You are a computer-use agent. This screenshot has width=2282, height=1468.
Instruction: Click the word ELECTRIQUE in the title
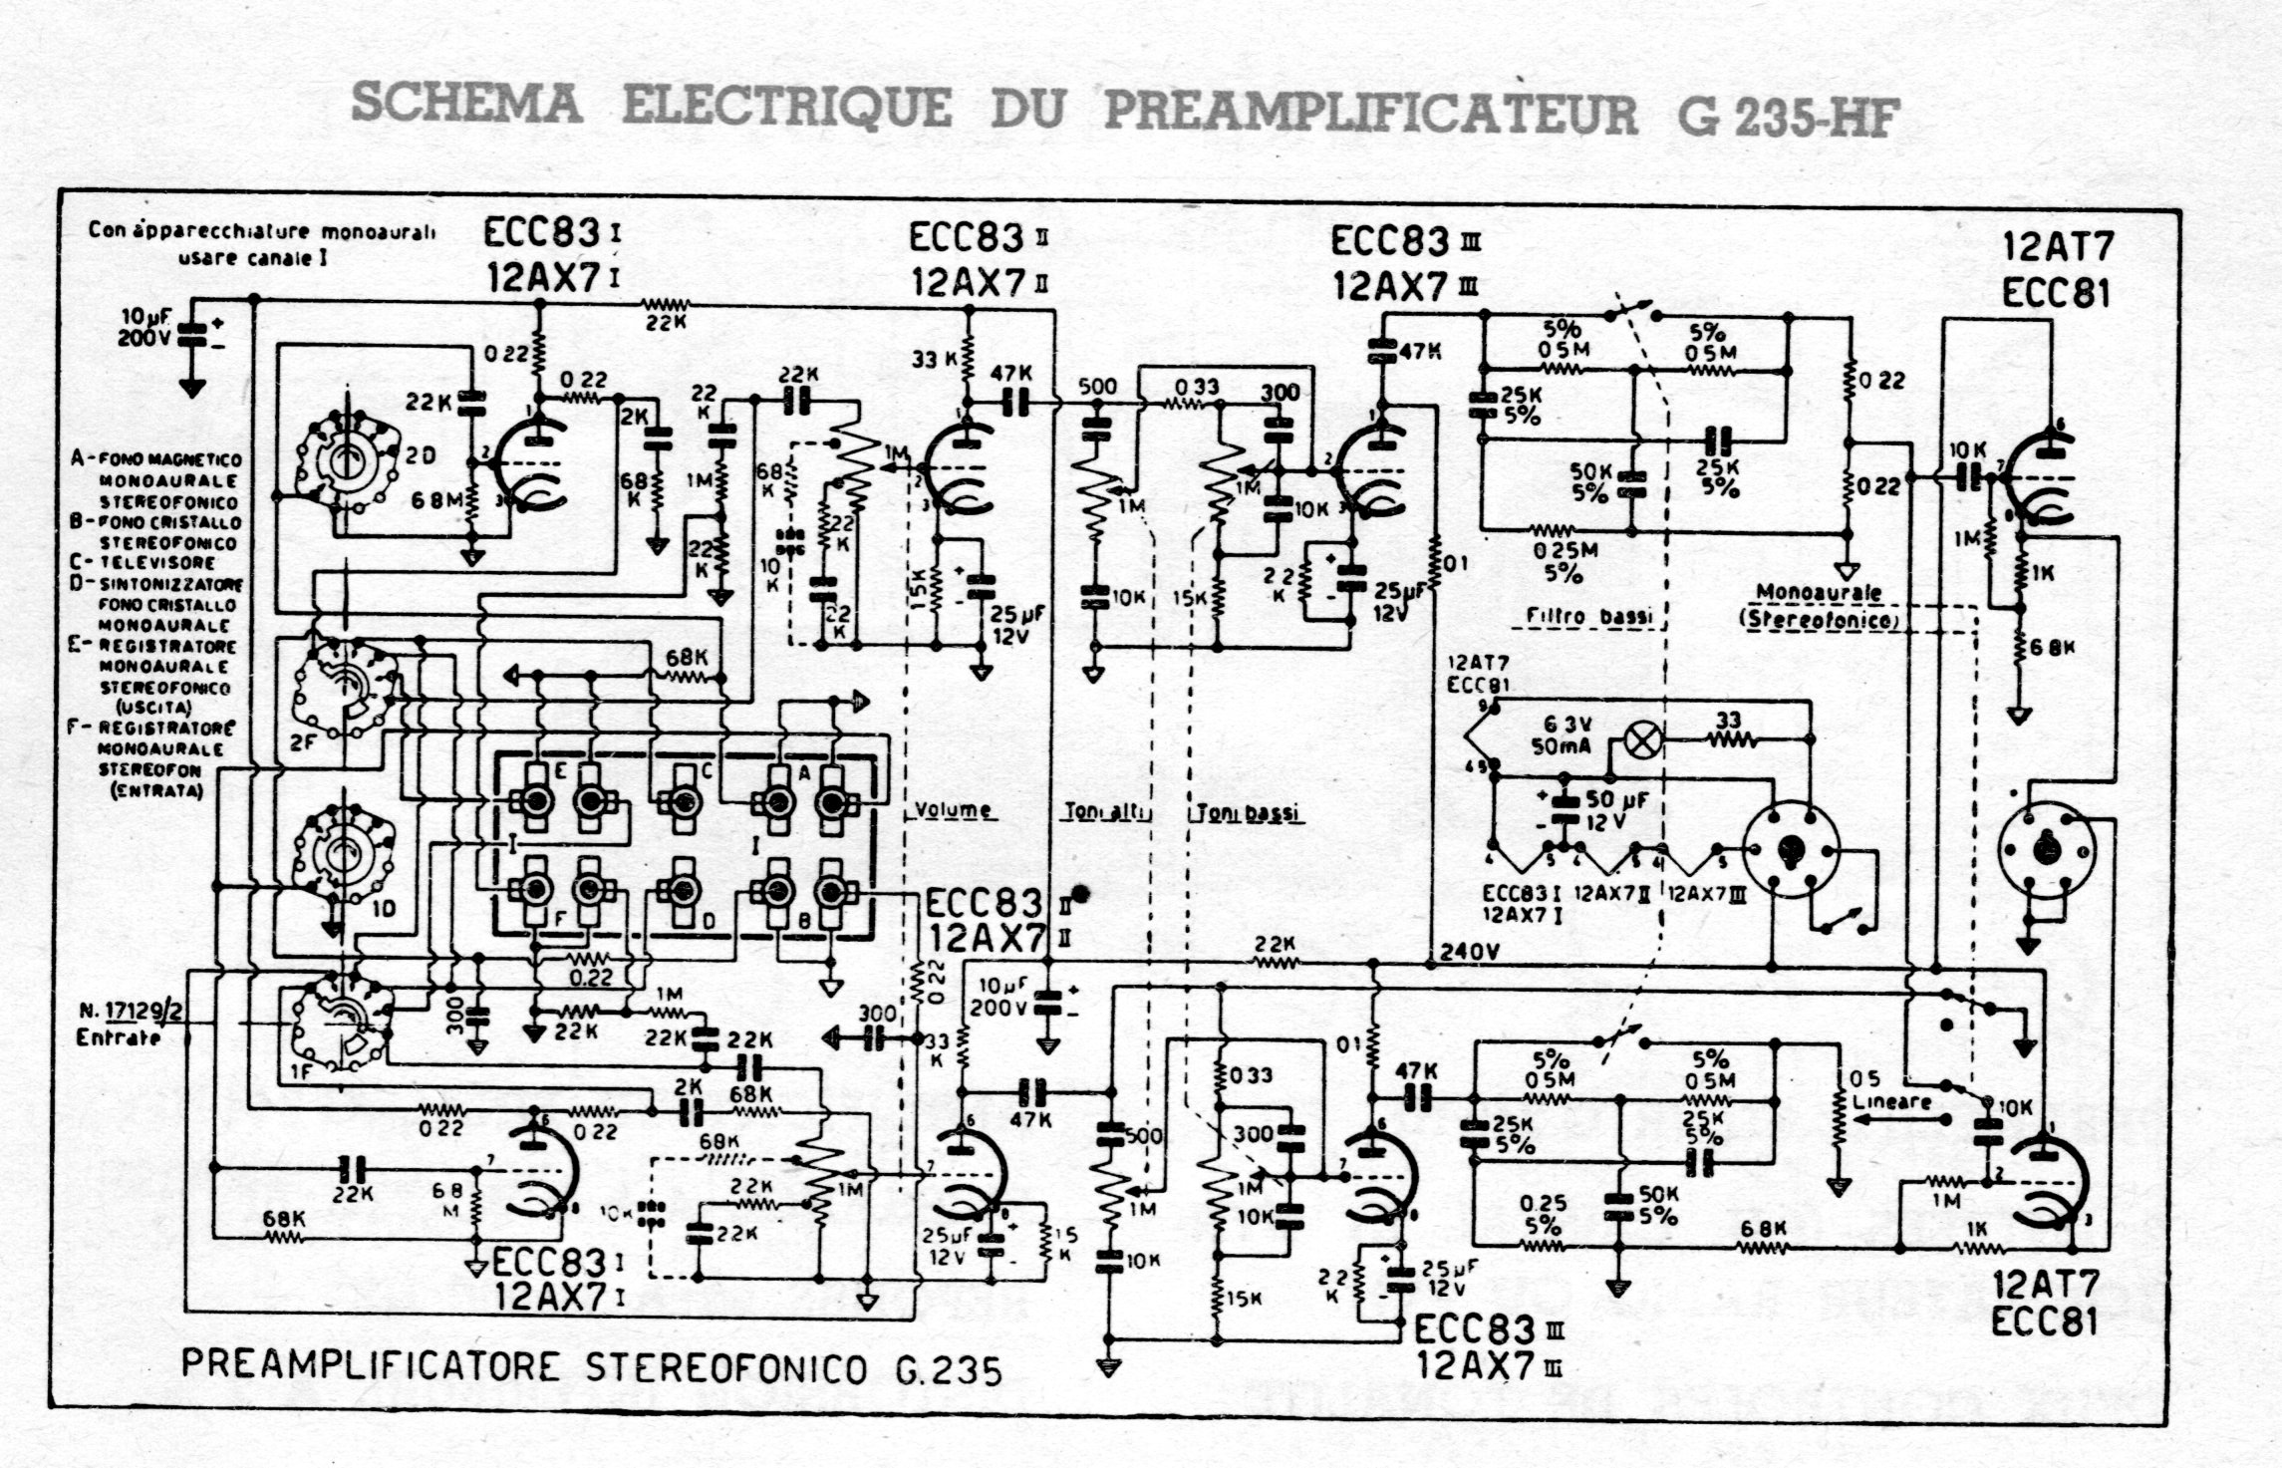coord(786,106)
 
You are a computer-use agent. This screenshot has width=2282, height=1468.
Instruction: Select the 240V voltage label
coord(1469,953)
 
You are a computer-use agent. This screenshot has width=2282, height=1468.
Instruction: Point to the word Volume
coord(954,809)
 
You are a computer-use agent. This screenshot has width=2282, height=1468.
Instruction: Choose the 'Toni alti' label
coord(1107,812)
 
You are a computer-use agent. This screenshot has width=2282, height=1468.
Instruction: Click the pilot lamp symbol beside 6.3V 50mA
coord(1642,740)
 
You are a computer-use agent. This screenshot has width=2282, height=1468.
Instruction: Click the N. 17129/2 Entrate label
coord(131,1024)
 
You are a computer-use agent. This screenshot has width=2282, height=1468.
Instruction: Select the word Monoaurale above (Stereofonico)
coord(1819,593)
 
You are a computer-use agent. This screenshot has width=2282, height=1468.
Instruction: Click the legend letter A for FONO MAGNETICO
coord(78,458)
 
